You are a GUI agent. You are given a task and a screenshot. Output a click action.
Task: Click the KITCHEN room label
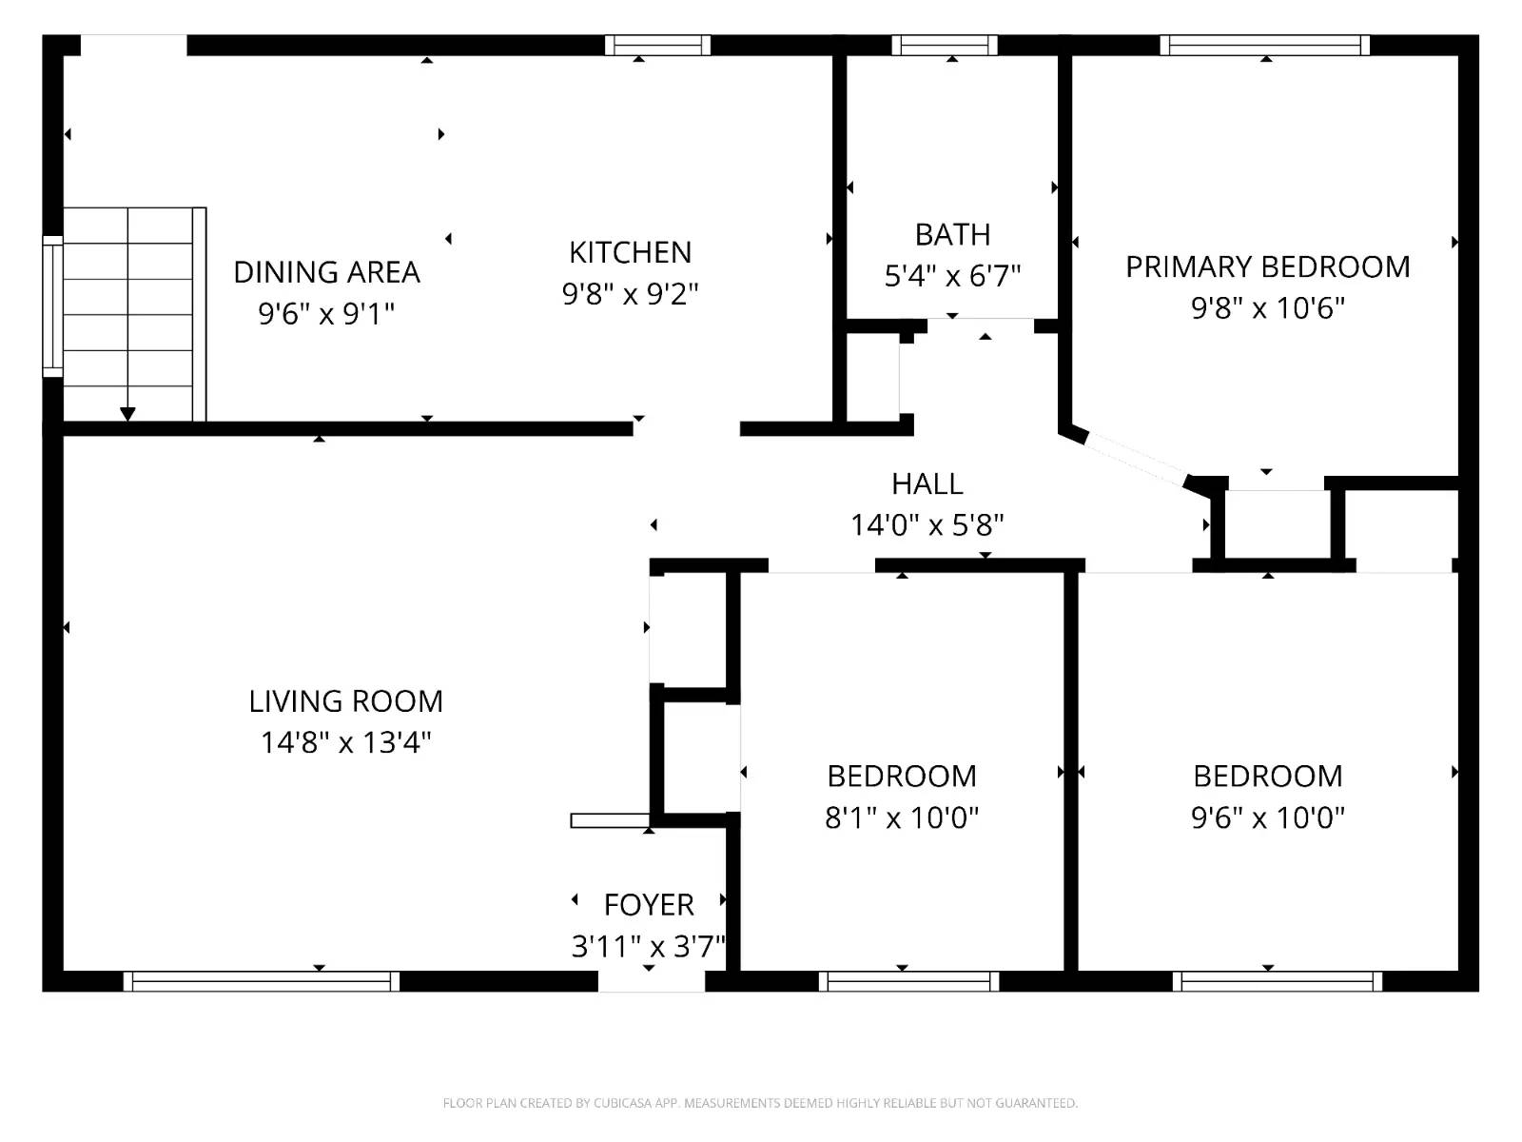630,252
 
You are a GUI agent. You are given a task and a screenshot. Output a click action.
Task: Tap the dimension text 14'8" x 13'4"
346,742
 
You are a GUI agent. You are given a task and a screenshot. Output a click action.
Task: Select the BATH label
952,234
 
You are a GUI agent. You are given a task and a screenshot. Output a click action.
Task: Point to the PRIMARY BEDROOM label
1267,267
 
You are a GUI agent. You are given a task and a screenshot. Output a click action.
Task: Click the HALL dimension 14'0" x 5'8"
927,525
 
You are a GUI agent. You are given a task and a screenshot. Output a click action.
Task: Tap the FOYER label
649,904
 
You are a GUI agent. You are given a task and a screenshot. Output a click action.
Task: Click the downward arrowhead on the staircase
127,414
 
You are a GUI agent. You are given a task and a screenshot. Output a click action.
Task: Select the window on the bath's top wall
945,45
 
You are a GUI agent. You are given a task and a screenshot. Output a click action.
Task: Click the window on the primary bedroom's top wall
1265,45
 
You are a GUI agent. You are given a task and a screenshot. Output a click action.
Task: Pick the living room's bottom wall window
262,981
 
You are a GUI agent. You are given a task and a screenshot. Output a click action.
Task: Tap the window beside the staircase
52,306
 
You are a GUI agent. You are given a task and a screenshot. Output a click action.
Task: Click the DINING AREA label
326,272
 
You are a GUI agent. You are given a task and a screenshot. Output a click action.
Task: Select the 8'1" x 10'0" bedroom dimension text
902,817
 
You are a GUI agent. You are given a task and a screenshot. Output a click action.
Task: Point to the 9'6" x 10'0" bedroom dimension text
1267,817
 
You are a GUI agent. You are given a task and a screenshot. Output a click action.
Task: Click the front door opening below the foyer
652,981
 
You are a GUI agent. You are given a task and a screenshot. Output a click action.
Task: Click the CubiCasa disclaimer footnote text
760,1103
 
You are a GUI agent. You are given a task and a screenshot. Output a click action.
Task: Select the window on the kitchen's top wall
658,45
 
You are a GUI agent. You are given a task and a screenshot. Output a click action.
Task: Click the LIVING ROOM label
346,701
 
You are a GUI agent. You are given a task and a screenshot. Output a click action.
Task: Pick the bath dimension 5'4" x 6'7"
952,276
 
